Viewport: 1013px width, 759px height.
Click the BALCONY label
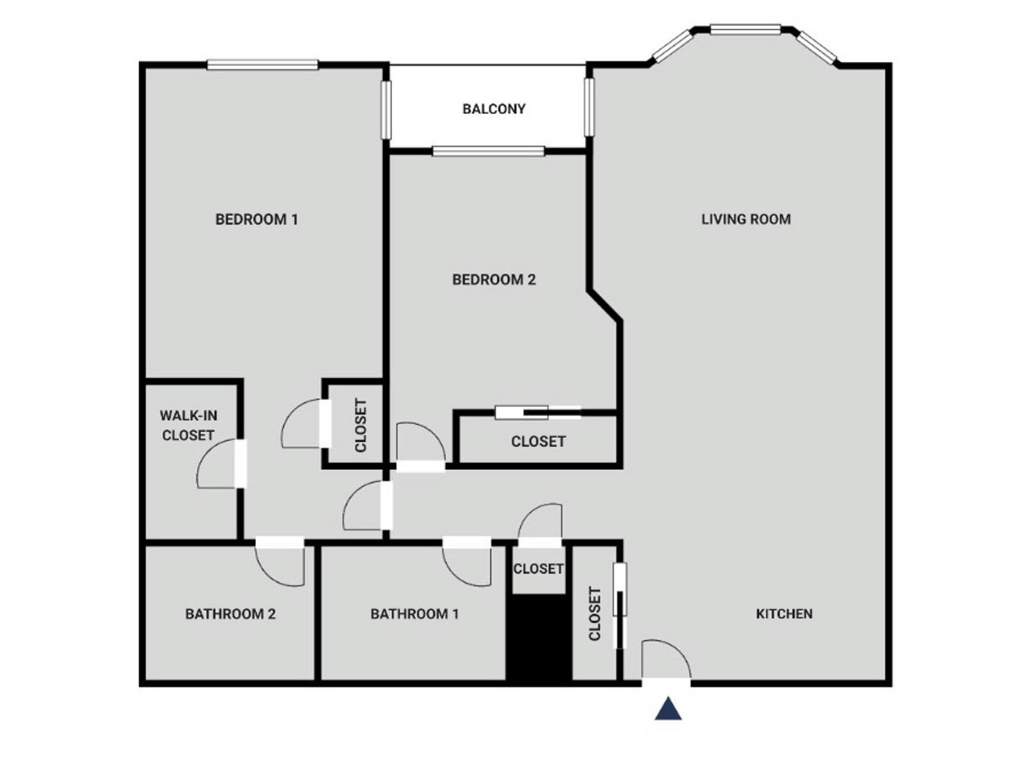[x=494, y=109]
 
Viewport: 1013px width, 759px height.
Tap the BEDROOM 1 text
[x=257, y=219]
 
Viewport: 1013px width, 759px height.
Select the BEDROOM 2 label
[x=494, y=280]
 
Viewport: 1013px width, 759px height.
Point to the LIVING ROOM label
[x=746, y=219]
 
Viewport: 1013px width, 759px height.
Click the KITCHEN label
[x=784, y=614]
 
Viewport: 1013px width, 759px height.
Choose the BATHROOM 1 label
[x=415, y=614]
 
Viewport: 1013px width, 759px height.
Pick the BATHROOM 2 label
[x=230, y=614]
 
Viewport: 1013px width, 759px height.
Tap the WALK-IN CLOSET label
[x=188, y=425]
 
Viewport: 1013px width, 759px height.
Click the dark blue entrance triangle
[x=668, y=709]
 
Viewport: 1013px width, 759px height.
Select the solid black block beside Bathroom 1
[x=538, y=638]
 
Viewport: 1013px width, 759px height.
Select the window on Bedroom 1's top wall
[x=263, y=65]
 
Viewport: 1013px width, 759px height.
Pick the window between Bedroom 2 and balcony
[x=489, y=151]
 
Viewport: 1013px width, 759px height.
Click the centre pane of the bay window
[x=745, y=29]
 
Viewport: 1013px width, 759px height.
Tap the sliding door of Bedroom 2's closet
[x=538, y=412]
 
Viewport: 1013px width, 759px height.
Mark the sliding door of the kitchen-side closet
[x=620, y=605]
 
